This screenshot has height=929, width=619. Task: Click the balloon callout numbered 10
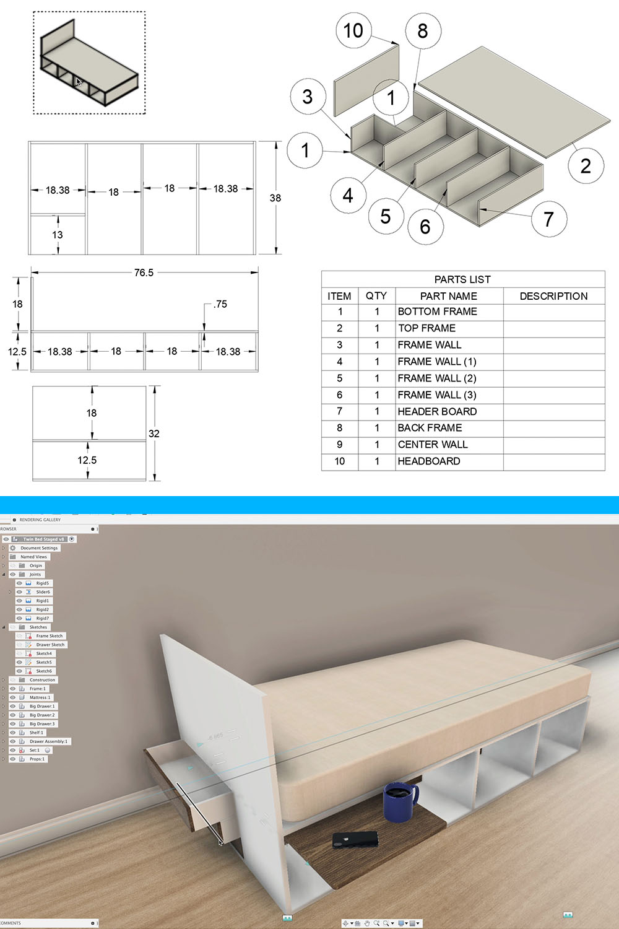point(353,30)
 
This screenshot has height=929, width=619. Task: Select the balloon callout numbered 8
point(423,31)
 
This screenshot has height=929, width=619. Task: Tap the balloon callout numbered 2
point(586,165)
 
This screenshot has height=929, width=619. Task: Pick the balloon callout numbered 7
point(548,219)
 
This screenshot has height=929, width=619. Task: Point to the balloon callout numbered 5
point(385,216)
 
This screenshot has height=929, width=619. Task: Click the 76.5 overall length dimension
point(144,273)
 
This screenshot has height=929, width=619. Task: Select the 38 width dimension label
point(275,198)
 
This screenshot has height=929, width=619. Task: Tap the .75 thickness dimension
point(220,304)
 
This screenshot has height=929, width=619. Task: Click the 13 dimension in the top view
point(58,235)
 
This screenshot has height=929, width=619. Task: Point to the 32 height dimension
point(154,434)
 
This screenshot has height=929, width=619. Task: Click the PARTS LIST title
point(462,279)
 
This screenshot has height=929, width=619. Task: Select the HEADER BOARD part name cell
point(437,411)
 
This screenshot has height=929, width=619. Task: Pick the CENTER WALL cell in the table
point(433,445)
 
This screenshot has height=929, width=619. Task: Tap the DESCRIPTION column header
point(553,296)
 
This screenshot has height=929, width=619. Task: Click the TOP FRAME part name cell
point(426,328)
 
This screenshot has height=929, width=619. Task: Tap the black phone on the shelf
point(355,840)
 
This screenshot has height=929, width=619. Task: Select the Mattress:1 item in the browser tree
point(40,697)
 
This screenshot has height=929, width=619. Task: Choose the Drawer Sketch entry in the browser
point(50,645)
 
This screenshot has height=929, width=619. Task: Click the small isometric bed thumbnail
point(89,63)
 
